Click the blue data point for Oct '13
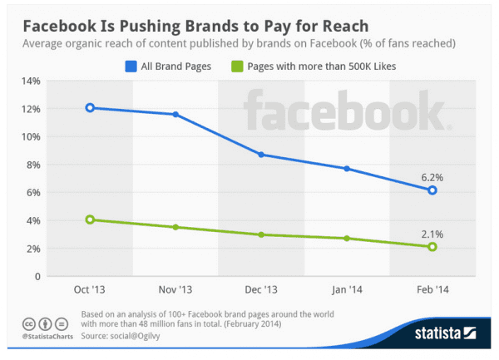[90, 108]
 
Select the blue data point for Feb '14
[432, 190]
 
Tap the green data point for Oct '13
[90, 219]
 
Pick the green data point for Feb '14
[432, 247]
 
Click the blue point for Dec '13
[261, 155]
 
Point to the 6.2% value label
[432, 176]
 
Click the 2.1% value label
[432, 233]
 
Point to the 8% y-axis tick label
[32, 165]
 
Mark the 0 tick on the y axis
[37, 276]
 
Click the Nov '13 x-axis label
[175, 291]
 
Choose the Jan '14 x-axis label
[347, 291]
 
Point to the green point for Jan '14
[347, 239]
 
